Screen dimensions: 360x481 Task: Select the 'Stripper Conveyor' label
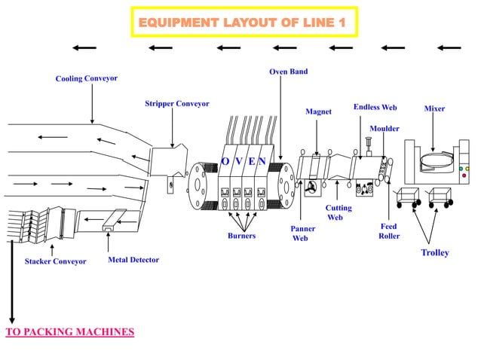point(177,103)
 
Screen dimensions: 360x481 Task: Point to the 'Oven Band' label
point(288,72)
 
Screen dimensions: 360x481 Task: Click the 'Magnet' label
point(318,111)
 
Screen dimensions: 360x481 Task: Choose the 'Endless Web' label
point(375,108)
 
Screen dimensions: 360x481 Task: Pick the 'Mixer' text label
point(434,108)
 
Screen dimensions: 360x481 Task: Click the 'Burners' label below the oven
point(241,236)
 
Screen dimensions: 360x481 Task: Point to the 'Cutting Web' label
point(335,212)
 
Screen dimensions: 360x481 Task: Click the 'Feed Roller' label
point(389,231)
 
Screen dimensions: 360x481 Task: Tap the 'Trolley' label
point(435,252)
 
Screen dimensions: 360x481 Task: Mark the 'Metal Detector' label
point(133,260)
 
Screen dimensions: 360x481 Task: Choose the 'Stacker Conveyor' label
point(55,262)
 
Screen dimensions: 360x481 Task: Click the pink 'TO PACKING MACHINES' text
point(69,331)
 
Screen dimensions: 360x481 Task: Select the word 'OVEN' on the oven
point(243,161)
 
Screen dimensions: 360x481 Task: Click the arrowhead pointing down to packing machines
point(11,319)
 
